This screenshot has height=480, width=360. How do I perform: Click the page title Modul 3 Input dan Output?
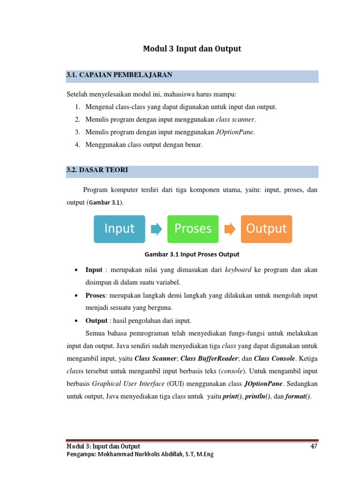192,49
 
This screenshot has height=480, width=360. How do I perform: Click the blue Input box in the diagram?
119,229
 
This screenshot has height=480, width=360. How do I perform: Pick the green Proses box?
193,229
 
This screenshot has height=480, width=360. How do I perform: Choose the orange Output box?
266,229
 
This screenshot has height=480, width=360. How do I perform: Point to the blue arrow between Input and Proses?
156,229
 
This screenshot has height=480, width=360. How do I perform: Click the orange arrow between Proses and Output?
230,229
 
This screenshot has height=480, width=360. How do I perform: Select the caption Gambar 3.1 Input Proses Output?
192,254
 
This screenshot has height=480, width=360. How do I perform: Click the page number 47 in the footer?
314,446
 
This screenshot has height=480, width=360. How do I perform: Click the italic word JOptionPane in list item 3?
235,132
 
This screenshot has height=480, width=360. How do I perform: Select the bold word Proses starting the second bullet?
95,295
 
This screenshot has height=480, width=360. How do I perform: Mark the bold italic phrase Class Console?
275,359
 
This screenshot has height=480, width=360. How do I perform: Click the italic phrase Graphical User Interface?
127,383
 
